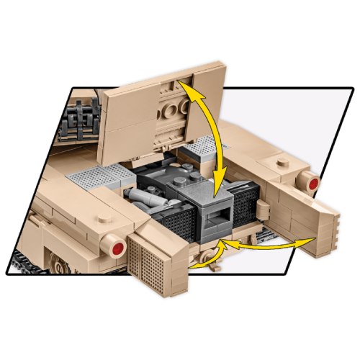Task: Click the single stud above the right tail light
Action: (276, 161)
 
